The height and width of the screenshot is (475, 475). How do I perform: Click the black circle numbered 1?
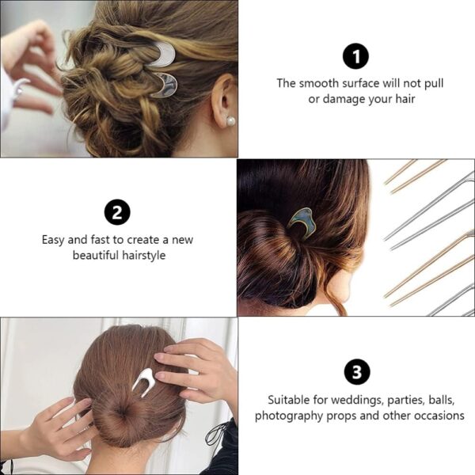pos(355,56)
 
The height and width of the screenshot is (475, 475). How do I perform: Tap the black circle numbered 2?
pos(117,212)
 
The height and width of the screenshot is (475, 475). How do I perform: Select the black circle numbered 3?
pos(357,371)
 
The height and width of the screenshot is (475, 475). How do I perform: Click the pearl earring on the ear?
pos(231,121)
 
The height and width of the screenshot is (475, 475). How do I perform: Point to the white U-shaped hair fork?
pos(143,382)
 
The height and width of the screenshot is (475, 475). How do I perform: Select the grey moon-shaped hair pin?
pos(166,85)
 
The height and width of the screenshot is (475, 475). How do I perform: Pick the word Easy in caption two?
pos(53,240)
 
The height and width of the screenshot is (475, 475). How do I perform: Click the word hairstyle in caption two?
pos(144,256)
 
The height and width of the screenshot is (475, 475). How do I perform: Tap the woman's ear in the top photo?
pos(223,100)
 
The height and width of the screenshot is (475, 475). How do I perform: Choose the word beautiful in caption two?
pos(96,255)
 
